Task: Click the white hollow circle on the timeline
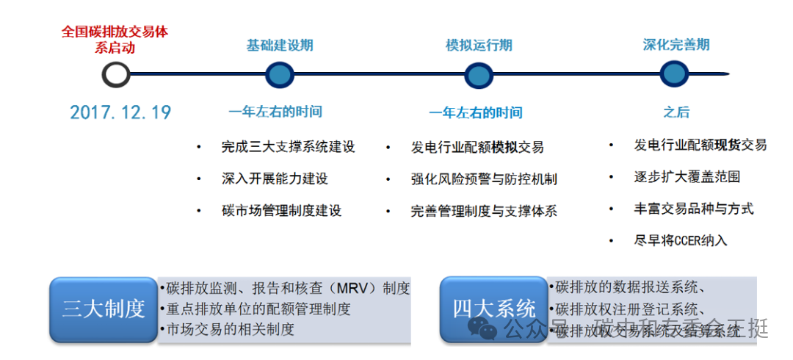(x=116, y=74)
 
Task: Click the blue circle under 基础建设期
(x=279, y=74)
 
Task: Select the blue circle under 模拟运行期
(x=478, y=75)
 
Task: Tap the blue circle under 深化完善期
(x=674, y=73)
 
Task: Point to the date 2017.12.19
(x=120, y=112)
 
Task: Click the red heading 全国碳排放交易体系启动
(x=115, y=40)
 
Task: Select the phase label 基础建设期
(x=279, y=45)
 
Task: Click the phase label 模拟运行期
(x=479, y=45)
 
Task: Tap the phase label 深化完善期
(x=676, y=45)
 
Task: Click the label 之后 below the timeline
(x=676, y=112)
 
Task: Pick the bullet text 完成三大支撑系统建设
(x=288, y=147)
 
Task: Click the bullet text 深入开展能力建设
(x=274, y=179)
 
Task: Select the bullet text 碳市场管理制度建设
(x=281, y=211)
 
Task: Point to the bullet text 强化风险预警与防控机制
(x=484, y=179)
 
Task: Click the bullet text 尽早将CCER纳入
(x=681, y=240)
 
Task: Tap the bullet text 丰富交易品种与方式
(x=694, y=209)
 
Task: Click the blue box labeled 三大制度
(x=104, y=309)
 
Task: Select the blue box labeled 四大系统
(x=493, y=309)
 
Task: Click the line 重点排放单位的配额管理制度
(x=258, y=309)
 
